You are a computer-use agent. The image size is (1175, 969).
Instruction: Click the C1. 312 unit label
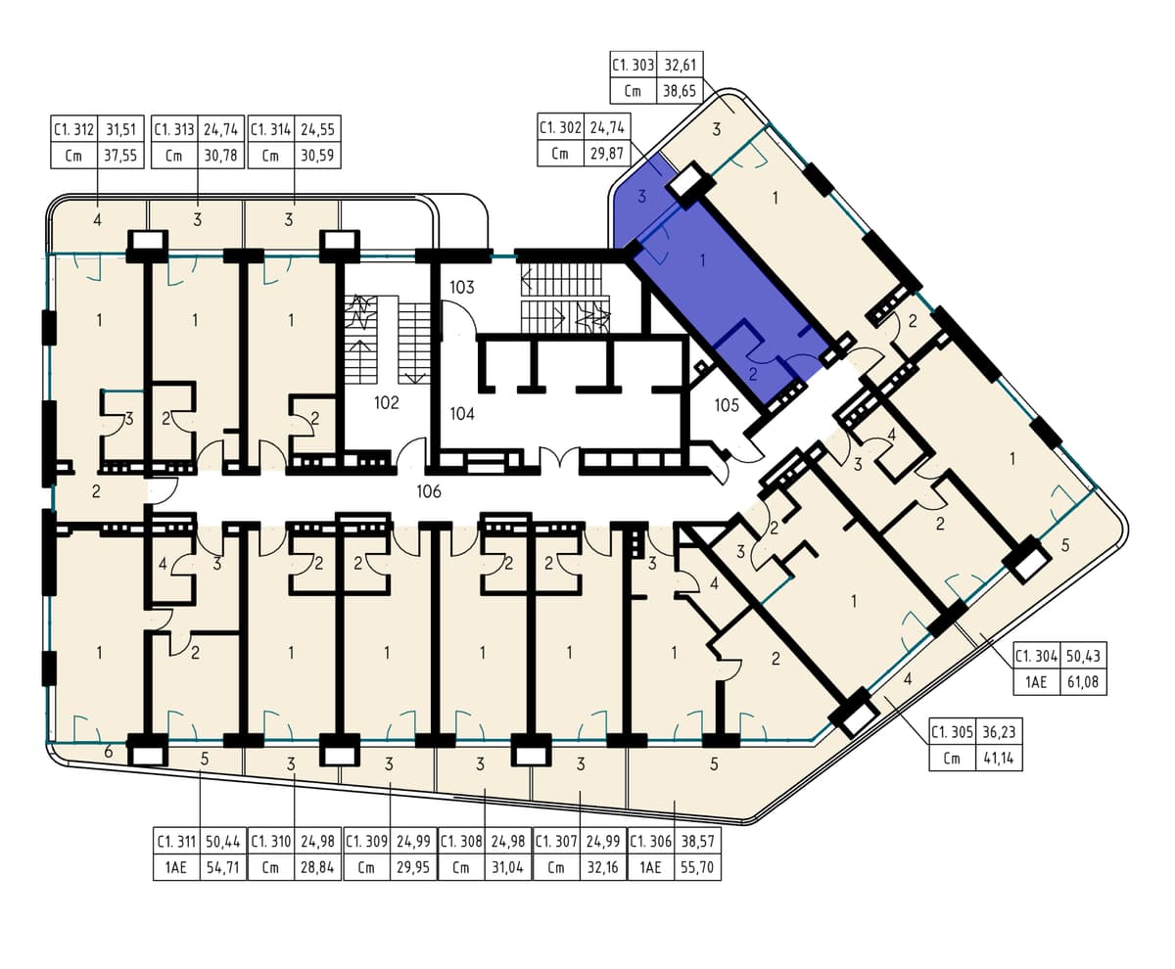coord(73,129)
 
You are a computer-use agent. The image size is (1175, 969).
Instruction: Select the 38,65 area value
coord(680,91)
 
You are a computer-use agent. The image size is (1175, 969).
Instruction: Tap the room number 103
coord(461,288)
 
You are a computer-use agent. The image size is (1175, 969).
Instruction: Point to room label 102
coord(387,403)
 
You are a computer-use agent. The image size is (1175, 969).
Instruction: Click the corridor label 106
coord(429,491)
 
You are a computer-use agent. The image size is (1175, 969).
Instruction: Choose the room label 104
coord(462,414)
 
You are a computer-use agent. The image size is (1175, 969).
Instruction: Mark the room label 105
coord(727,405)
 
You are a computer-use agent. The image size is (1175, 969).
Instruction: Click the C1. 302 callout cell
coord(560,128)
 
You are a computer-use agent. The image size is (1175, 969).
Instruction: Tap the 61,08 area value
coord(1083,682)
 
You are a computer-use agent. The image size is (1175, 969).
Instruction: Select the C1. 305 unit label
coord(952,732)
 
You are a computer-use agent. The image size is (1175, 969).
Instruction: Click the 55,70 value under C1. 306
coord(696,867)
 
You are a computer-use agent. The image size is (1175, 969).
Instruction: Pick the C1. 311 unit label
coord(176,842)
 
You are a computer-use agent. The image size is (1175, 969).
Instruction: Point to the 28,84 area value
coord(317,867)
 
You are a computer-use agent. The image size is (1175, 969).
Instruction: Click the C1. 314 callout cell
coord(270,129)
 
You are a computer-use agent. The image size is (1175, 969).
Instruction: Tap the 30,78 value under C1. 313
coord(221,156)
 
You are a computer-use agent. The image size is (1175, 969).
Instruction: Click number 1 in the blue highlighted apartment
coord(702,260)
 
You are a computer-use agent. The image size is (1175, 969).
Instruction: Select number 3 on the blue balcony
coord(641,197)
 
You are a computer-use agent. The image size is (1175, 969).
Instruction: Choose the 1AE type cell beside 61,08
coord(1035,682)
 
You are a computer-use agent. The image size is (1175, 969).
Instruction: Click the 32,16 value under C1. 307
coord(602,867)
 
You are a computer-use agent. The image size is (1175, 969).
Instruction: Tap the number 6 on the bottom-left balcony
coord(109,752)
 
